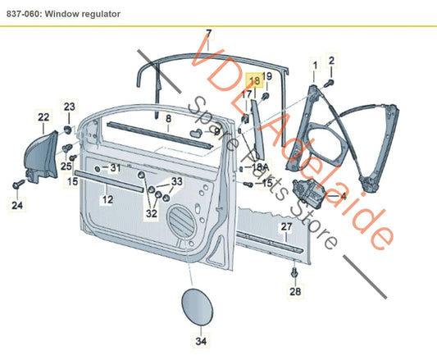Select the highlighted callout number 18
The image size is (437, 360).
pyautogui.click(x=254, y=80)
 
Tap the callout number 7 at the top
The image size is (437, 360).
pyautogui.click(x=208, y=34)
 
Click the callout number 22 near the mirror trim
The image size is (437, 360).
pyautogui.click(x=43, y=118)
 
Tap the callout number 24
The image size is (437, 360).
pyautogui.click(x=17, y=205)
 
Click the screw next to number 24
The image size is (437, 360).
pyautogui.click(x=18, y=185)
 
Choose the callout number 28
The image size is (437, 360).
pyautogui.click(x=295, y=290)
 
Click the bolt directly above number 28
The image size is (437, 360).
pyautogui.click(x=295, y=270)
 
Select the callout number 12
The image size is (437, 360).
pyautogui.click(x=107, y=199)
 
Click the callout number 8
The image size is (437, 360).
pyautogui.click(x=167, y=118)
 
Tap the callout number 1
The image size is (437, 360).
pyautogui.click(x=312, y=64)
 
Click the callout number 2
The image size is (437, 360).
pyautogui.click(x=331, y=61)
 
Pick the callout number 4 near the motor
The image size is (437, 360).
pyautogui.click(x=342, y=197)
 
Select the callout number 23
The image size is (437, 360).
pyautogui.click(x=69, y=107)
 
